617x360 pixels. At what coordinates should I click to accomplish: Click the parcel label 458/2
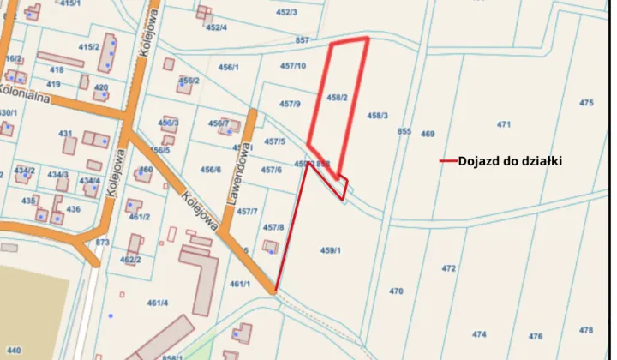[337, 98]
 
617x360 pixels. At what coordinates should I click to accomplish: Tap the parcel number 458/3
[378, 115]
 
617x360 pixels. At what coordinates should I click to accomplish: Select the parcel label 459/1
[331, 250]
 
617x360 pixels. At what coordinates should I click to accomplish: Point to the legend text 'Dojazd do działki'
[510, 160]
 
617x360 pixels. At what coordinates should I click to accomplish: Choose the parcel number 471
[504, 125]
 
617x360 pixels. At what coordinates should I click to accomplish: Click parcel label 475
[586, 103]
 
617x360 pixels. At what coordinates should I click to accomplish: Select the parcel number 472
[449, 268]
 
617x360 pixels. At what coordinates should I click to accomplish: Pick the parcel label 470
[396, 291]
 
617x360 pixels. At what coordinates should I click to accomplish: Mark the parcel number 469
[428, 134]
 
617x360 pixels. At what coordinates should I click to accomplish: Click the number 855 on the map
[404, 132]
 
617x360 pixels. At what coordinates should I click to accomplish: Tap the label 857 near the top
[301, 40]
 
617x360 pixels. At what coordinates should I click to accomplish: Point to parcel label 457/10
[293, 66]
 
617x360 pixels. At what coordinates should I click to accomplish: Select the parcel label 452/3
[286, 12]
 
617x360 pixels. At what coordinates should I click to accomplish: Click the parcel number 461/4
[158, 303]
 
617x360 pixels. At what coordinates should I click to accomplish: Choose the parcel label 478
[586, 330]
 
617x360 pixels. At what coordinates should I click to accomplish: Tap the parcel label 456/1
[229, 67]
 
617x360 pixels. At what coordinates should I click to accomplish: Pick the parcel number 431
[66, 134]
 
